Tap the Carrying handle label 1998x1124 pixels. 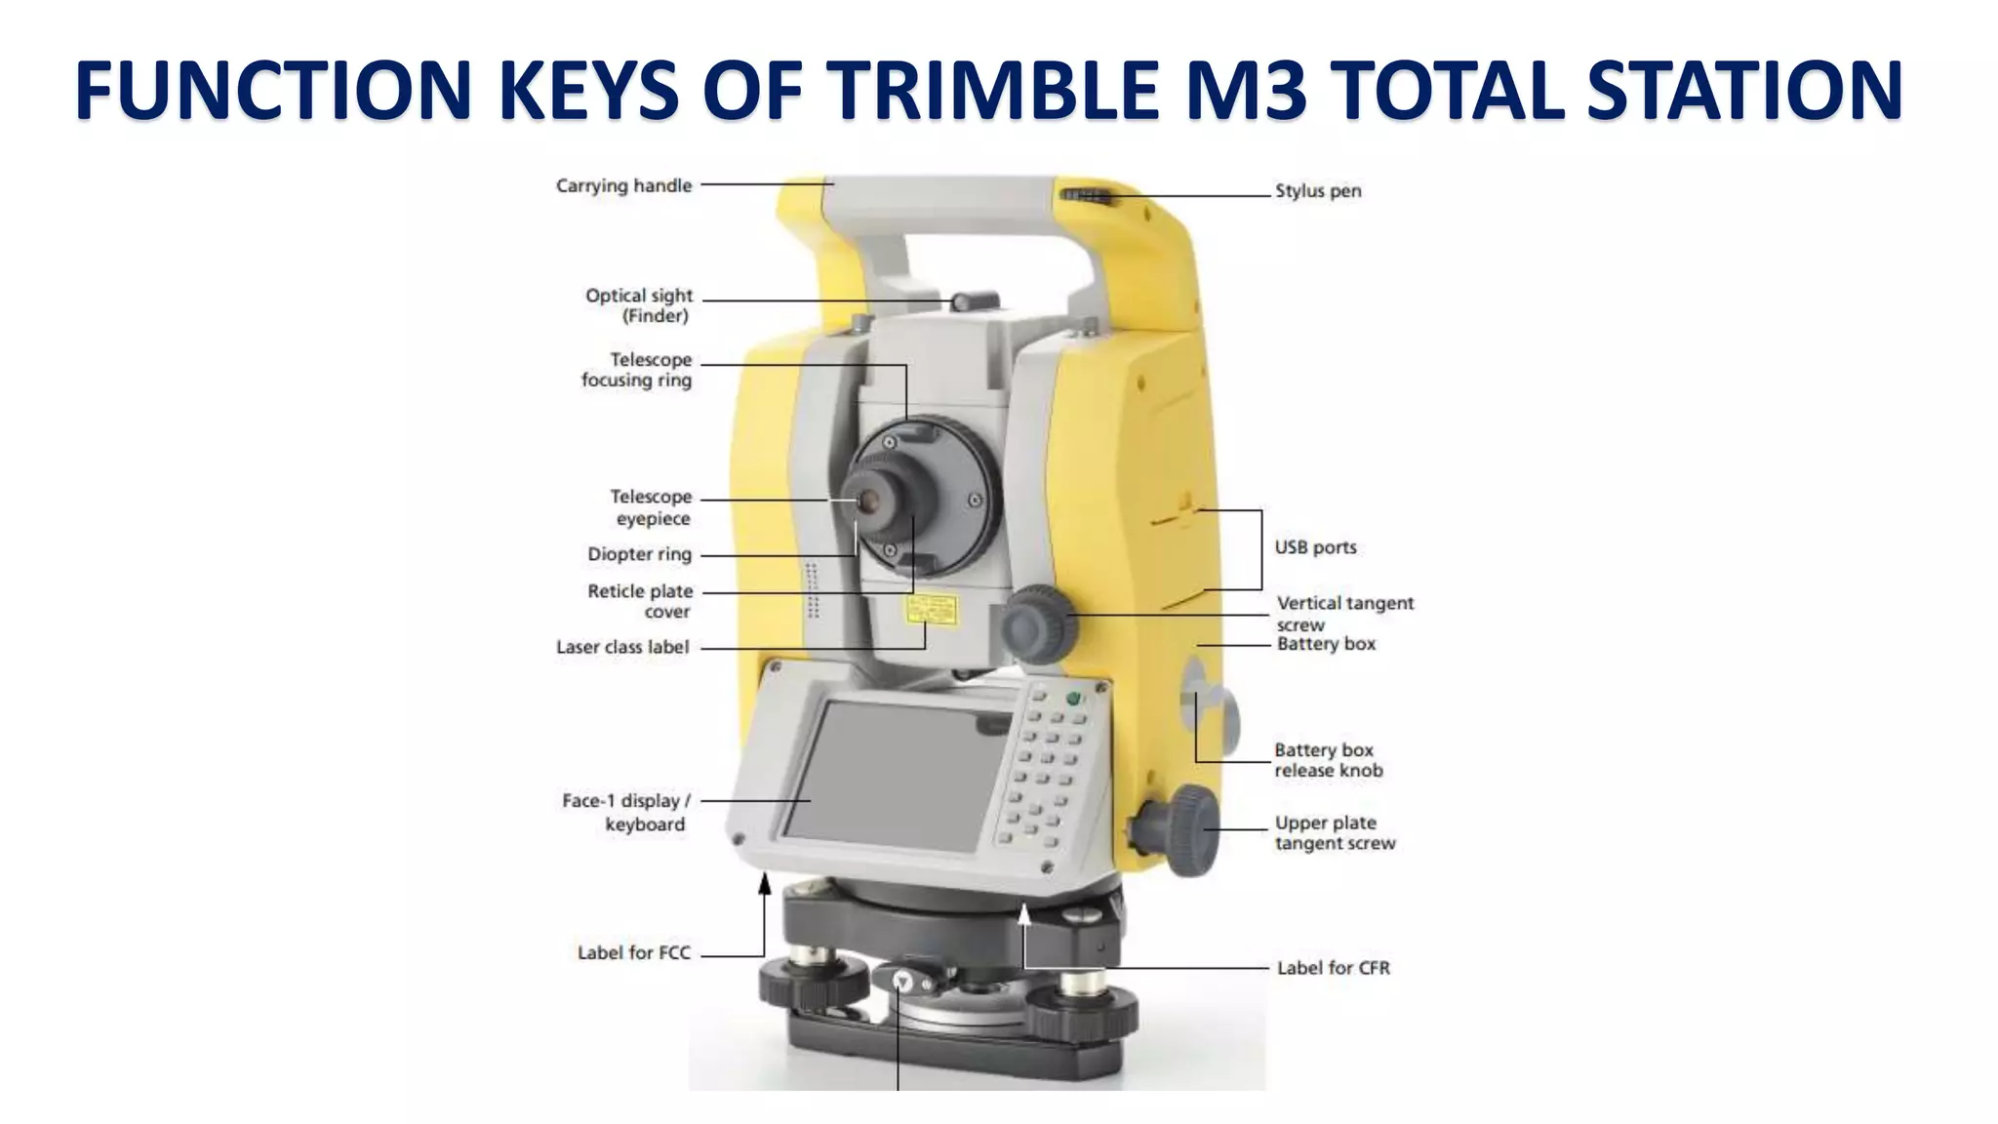[x=623, y=185]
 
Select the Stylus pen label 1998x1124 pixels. [x=1318, y=191]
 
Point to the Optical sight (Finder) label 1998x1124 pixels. [x=639, y=305]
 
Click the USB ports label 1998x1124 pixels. [x=1315, y=547]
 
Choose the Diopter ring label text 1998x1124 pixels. [x=639, y=554]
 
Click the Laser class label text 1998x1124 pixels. [x=622, y=647]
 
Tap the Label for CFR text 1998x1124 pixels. [x=1334, y=968]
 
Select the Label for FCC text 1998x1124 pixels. [x=634, y=953]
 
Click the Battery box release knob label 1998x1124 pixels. [x=1328, y=760]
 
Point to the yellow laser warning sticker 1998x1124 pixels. [x=931, y=612]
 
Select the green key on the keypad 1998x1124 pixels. [x=1074, y=699]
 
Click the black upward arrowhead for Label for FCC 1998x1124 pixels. [x=765, y=884]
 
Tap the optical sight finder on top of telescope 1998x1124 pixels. [x=975, y=301]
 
